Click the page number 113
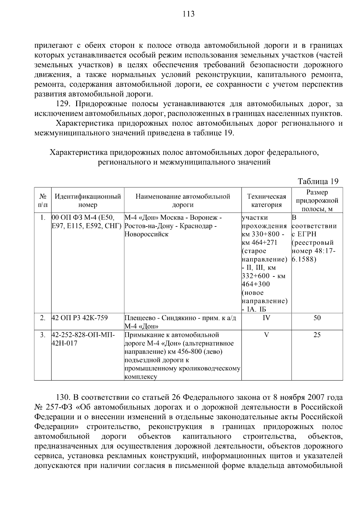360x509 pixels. coord(189,14)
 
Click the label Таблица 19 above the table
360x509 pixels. coord(318,181)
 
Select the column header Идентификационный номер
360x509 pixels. coord(88,201)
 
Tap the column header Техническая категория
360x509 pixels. coord(266,201)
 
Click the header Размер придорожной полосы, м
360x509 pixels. coord(317,201)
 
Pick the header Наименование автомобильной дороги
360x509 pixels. coord(183,201)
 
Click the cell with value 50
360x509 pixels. coord(317,318)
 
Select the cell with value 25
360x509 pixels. coord(317,335)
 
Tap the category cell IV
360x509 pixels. coord(266,318)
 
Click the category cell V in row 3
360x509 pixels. coord(266,335)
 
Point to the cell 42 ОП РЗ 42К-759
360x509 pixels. coord(80,318)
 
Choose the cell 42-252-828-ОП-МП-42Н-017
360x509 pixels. coord(83,339)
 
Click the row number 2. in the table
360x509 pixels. coord(43,318)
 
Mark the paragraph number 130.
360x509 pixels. coord(63,398)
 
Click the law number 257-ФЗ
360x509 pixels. coord(61,407)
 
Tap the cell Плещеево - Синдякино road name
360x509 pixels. coord(180,322)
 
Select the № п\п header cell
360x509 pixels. coord(43,201)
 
